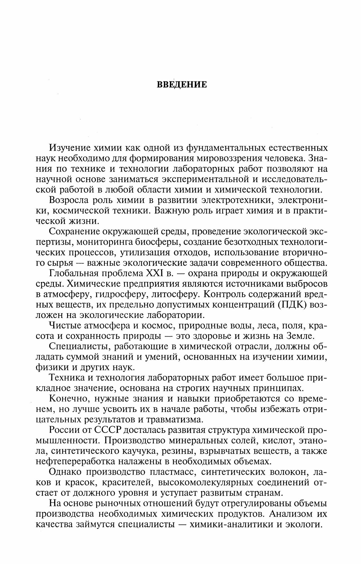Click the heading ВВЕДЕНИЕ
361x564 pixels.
(182, 85)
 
